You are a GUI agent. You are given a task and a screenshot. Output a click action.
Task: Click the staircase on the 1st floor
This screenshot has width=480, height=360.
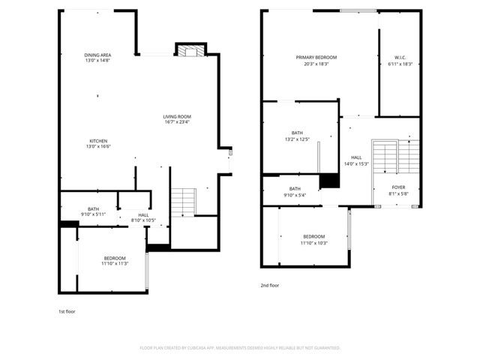(183, 202)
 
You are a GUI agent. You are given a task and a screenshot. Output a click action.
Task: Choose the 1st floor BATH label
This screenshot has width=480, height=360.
(93, 209)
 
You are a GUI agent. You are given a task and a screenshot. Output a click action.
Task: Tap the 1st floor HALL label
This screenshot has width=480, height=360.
(143, 215)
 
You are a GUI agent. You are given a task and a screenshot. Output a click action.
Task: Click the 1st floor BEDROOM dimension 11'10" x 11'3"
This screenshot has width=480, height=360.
(115, 263)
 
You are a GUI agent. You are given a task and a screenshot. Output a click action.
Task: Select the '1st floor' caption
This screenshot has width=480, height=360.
(67, 311)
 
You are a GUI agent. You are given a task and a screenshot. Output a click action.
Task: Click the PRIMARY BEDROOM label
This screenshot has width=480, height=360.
(316, 58)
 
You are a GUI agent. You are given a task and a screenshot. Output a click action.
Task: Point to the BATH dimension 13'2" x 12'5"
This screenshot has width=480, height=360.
(297, 139)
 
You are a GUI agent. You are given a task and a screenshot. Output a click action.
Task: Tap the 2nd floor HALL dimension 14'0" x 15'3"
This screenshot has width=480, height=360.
(356, 163)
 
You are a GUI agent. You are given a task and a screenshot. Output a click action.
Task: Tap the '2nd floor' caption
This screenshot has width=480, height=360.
(269, 286)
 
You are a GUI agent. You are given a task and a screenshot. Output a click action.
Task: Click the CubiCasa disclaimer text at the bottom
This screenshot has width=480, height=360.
(240, 348)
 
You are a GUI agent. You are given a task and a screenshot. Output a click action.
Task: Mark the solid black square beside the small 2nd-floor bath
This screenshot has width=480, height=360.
(329, 181)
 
